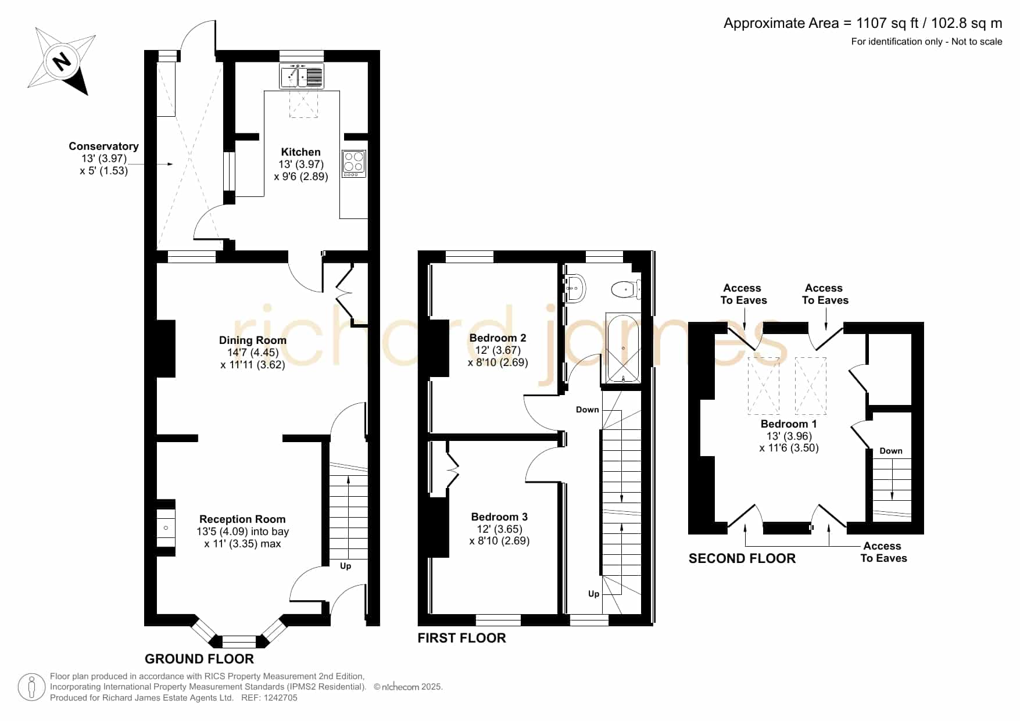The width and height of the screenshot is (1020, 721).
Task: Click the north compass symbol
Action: pos(62,61)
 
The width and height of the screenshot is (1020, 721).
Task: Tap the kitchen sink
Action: pos(302,76)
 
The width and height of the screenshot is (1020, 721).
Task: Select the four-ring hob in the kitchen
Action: pos(354,164)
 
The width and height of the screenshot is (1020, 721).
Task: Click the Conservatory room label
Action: pos(103,146)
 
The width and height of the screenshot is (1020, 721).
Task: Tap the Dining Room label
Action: pos(253,340)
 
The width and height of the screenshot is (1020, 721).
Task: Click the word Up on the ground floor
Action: pos(346,566)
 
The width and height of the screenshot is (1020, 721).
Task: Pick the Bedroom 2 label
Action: pos(498,338)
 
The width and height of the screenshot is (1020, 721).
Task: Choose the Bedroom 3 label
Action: pos(499,517)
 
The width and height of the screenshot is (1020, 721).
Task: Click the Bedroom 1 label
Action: pos(789,424)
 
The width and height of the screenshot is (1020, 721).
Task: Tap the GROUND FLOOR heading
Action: pos(199,659)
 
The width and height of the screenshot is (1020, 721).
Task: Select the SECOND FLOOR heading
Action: pos(742,558)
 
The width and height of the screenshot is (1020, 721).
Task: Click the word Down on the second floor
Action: pos(891,451)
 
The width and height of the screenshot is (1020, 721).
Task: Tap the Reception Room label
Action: pos(242,519)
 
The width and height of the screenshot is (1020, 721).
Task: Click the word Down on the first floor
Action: pos(588,410)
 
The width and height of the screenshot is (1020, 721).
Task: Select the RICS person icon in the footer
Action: pos(31,687)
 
